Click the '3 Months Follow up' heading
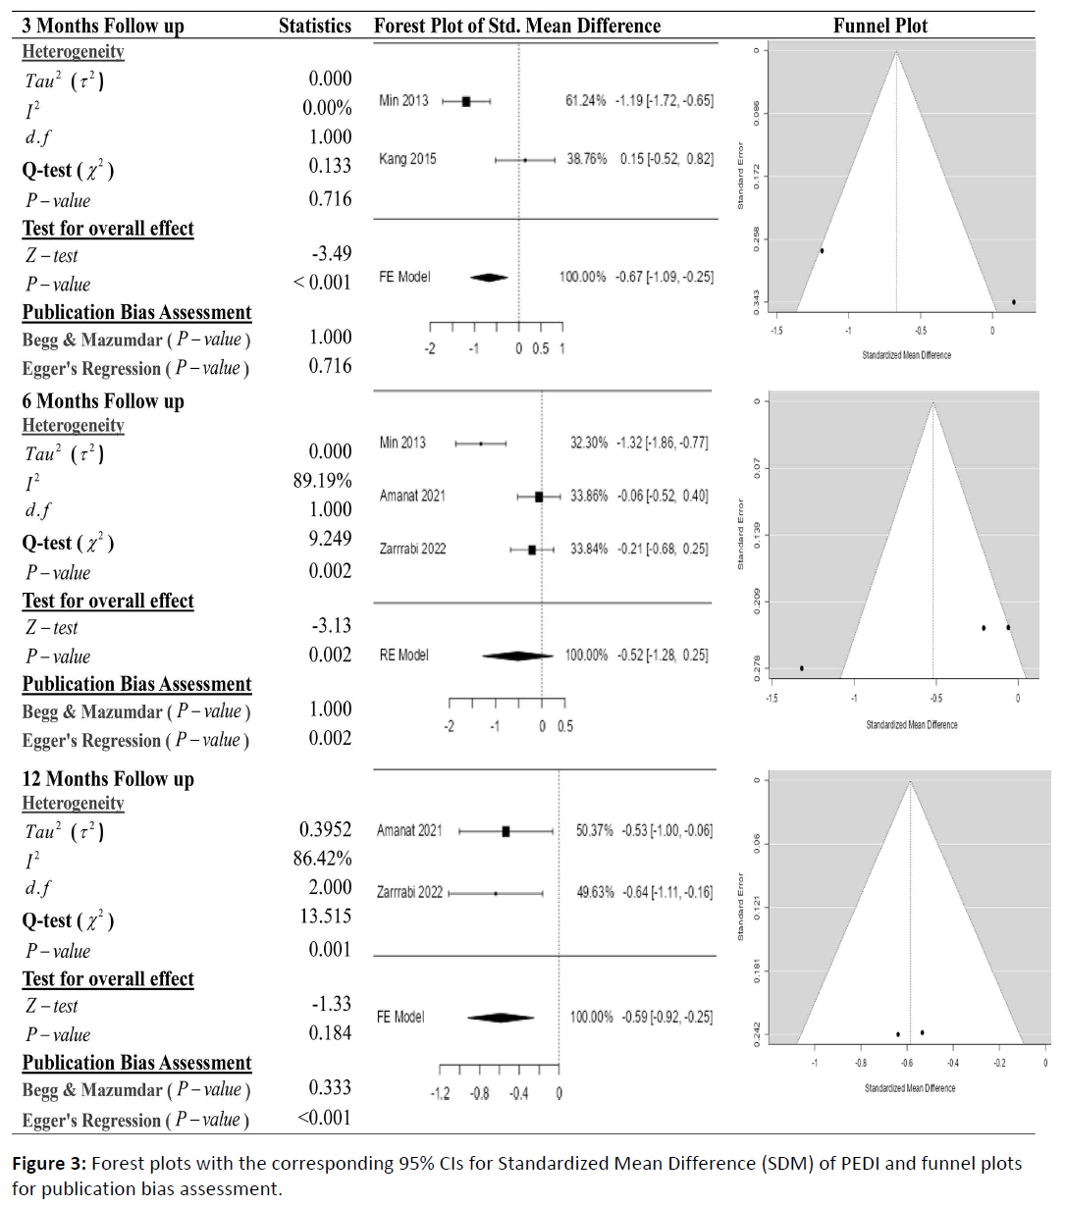point(103,26)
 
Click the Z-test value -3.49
point(332,254)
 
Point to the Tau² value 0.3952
point(326,830)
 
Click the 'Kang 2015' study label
point(407,159)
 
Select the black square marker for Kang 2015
point(525,159)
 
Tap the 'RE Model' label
point(403,655)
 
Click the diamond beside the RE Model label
point(517,656)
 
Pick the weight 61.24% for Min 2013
point(585,101)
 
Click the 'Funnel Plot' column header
point(879,26)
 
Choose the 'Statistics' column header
point(314,26)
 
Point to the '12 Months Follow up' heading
point(108,779)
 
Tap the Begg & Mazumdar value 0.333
point(330,1087)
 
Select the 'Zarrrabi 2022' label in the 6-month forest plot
point(412,549)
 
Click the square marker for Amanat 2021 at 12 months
point(506,831)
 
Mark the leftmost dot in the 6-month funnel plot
point(802,668)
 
